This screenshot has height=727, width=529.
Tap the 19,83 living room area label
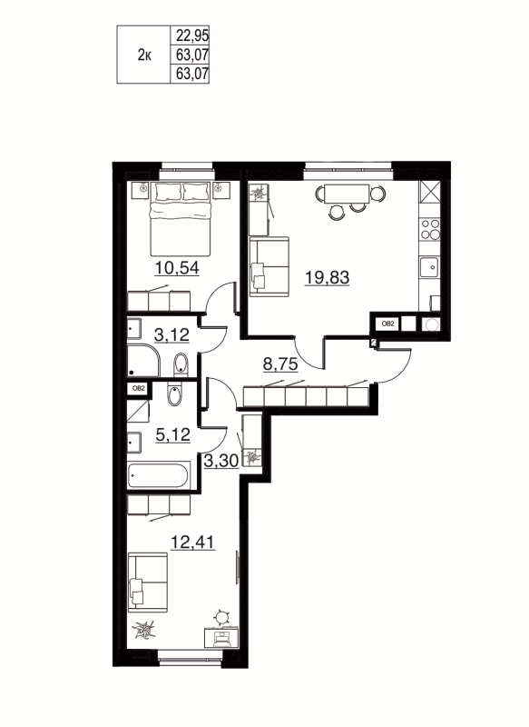coord(327,278)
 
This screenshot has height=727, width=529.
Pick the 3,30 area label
coord(221,460)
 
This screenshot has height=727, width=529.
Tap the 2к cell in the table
coord(143,55)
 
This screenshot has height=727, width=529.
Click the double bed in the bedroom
coord(182,216)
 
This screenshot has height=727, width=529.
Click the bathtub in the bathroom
coord(158,474)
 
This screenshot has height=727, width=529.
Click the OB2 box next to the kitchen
coord(386,323)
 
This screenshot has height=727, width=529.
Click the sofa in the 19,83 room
coord(268,264)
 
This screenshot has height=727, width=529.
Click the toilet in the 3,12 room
coord(180,364)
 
